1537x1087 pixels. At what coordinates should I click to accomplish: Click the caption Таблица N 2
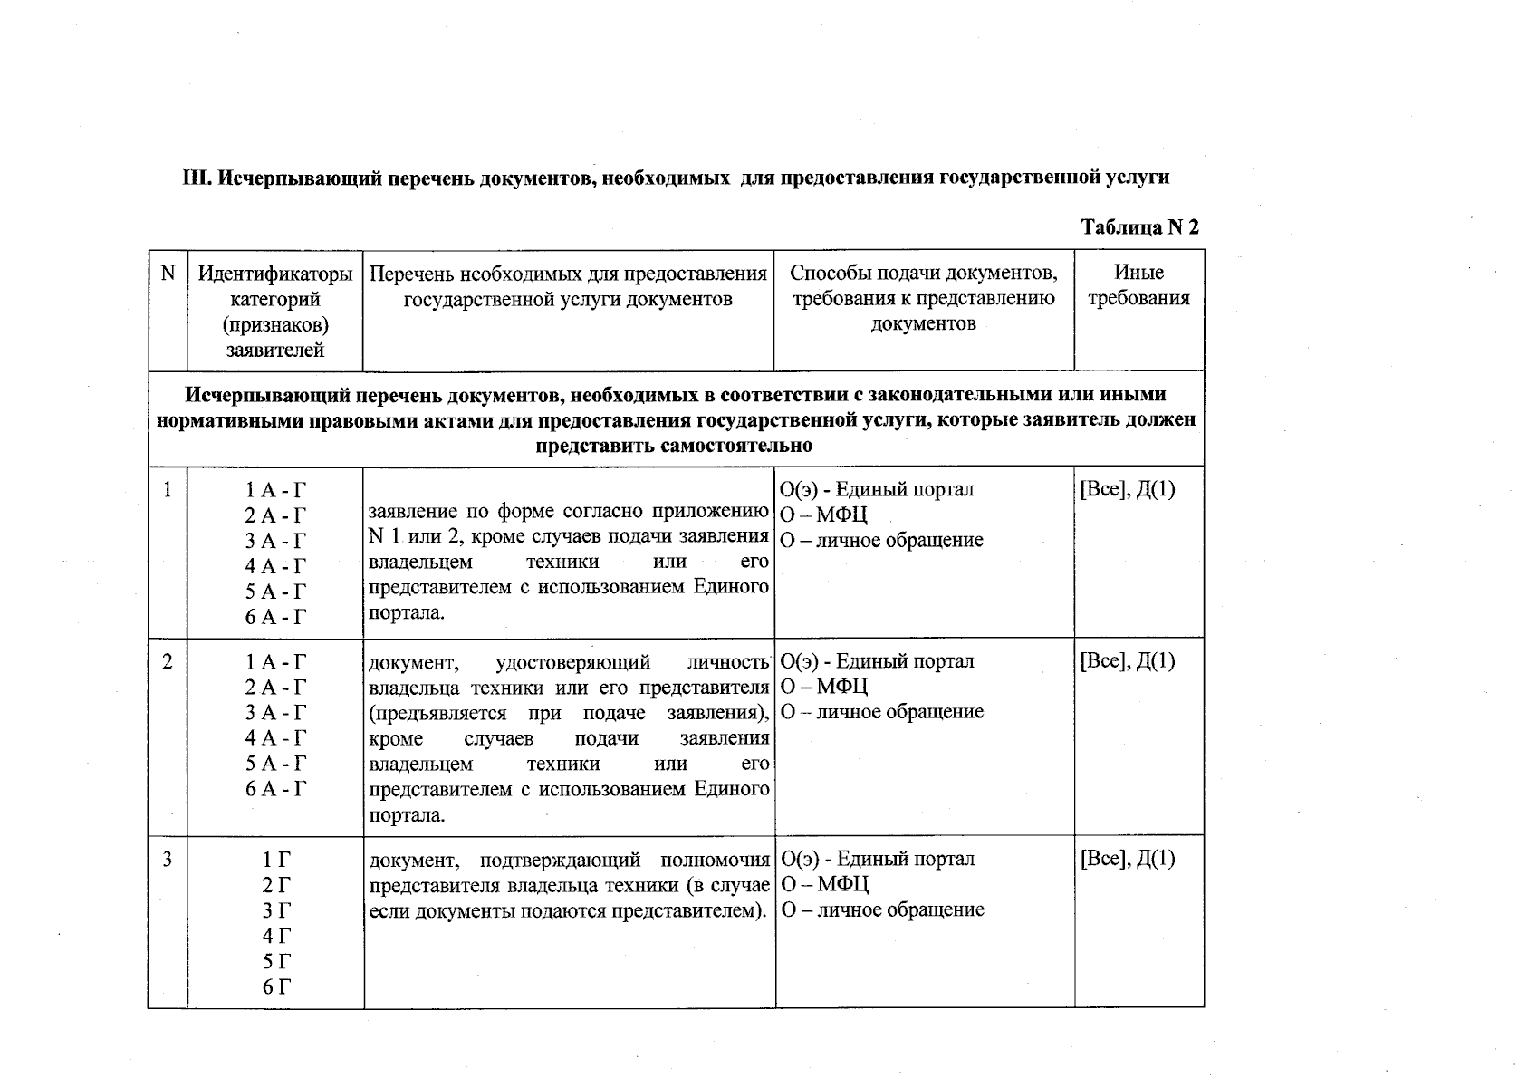1139,227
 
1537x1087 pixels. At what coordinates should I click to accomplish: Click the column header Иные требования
1138,285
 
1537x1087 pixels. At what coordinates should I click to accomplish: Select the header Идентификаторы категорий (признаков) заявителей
274,311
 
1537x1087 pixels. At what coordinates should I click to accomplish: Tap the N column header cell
168,273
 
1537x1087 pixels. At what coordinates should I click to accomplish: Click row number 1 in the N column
167,490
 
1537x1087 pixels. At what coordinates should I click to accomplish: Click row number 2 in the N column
167,661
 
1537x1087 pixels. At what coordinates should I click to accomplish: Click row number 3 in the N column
167,859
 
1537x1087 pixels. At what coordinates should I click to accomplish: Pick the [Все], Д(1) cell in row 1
1127,490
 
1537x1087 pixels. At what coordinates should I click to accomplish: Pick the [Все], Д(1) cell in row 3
1127,859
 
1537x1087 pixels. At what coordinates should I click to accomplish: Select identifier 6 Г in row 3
276,986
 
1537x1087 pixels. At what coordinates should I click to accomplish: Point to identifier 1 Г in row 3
276,860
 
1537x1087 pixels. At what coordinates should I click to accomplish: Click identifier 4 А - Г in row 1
276,566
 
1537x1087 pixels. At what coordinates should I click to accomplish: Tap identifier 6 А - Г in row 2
276,788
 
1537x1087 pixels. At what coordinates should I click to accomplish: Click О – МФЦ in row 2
824,687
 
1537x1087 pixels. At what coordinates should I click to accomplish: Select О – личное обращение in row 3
882,909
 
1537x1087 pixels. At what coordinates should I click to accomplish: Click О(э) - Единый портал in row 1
877,490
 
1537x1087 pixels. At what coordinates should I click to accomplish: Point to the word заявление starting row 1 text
410,511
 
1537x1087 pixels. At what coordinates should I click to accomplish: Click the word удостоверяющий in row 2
572,662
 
